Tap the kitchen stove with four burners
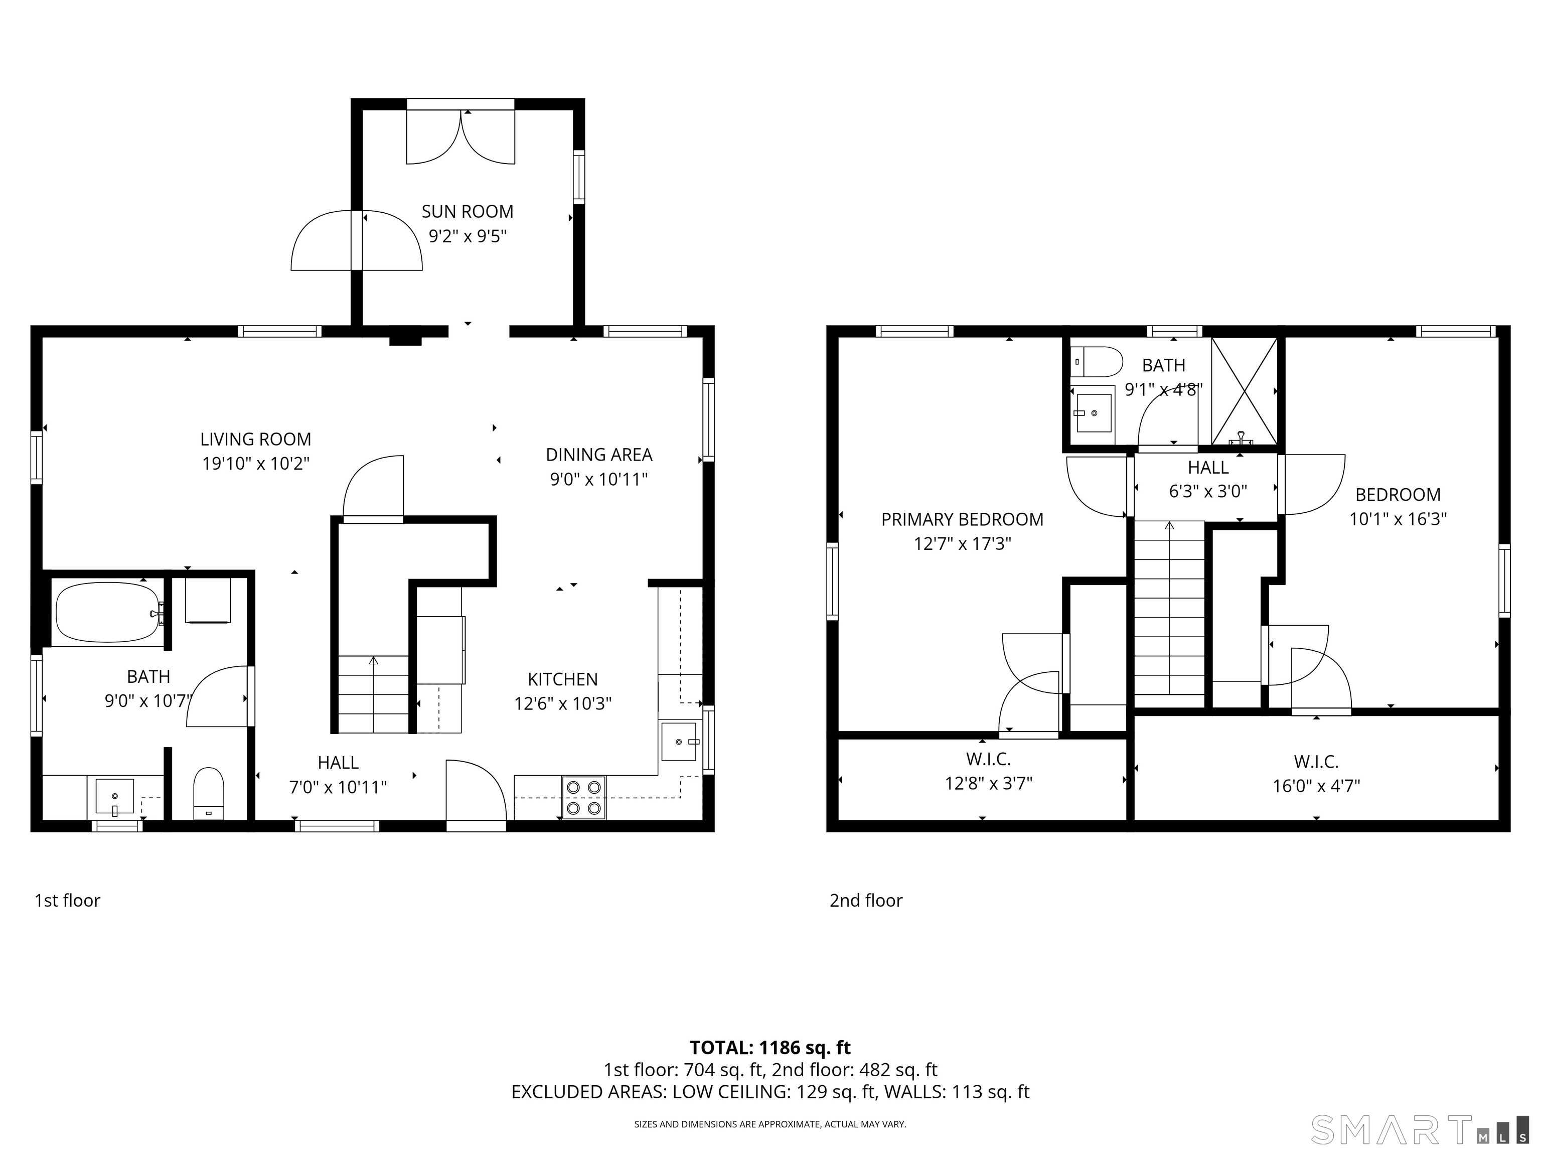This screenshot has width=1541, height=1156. (x=583, y=797)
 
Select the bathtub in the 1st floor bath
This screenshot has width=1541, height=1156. (x=108, y=613)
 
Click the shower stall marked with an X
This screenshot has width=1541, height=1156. (x=1244, y=391)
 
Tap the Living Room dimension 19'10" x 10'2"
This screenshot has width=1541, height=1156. (x=256, y=464)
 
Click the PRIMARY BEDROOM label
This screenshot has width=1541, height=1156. (x=962, y=519)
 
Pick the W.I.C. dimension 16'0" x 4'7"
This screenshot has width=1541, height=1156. (x=1316, y=786)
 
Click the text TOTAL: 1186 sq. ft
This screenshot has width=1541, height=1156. (x=770, y=1047)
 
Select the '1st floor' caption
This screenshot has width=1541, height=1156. (x=68, y=900)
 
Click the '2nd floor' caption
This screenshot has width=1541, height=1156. (x=865, y=900)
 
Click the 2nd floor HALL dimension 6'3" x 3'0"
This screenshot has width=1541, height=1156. (x=1207, y=491)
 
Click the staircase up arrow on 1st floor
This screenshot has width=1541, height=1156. (x=373, y=661)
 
